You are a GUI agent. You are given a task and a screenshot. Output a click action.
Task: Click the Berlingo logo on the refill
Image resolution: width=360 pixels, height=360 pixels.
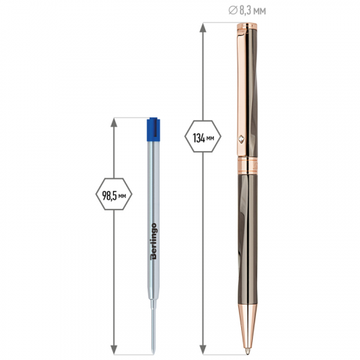pyautogui.click(x=153, y=241)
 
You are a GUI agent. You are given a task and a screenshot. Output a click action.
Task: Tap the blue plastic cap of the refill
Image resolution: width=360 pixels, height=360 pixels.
pyautogui.click(x=153, y=129)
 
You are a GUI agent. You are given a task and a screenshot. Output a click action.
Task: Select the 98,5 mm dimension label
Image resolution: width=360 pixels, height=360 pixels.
pyautogui.click(x=114, y=194)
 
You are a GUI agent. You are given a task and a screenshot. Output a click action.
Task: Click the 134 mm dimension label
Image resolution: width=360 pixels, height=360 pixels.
pyautogui.click(x=203, y=137)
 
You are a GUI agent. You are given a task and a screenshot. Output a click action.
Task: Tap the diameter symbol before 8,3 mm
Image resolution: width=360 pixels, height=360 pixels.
pyautogui.click(x=233, y=11)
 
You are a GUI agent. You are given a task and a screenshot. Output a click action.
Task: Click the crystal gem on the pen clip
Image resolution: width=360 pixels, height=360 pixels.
pyautogui.click(x=241, y=139)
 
